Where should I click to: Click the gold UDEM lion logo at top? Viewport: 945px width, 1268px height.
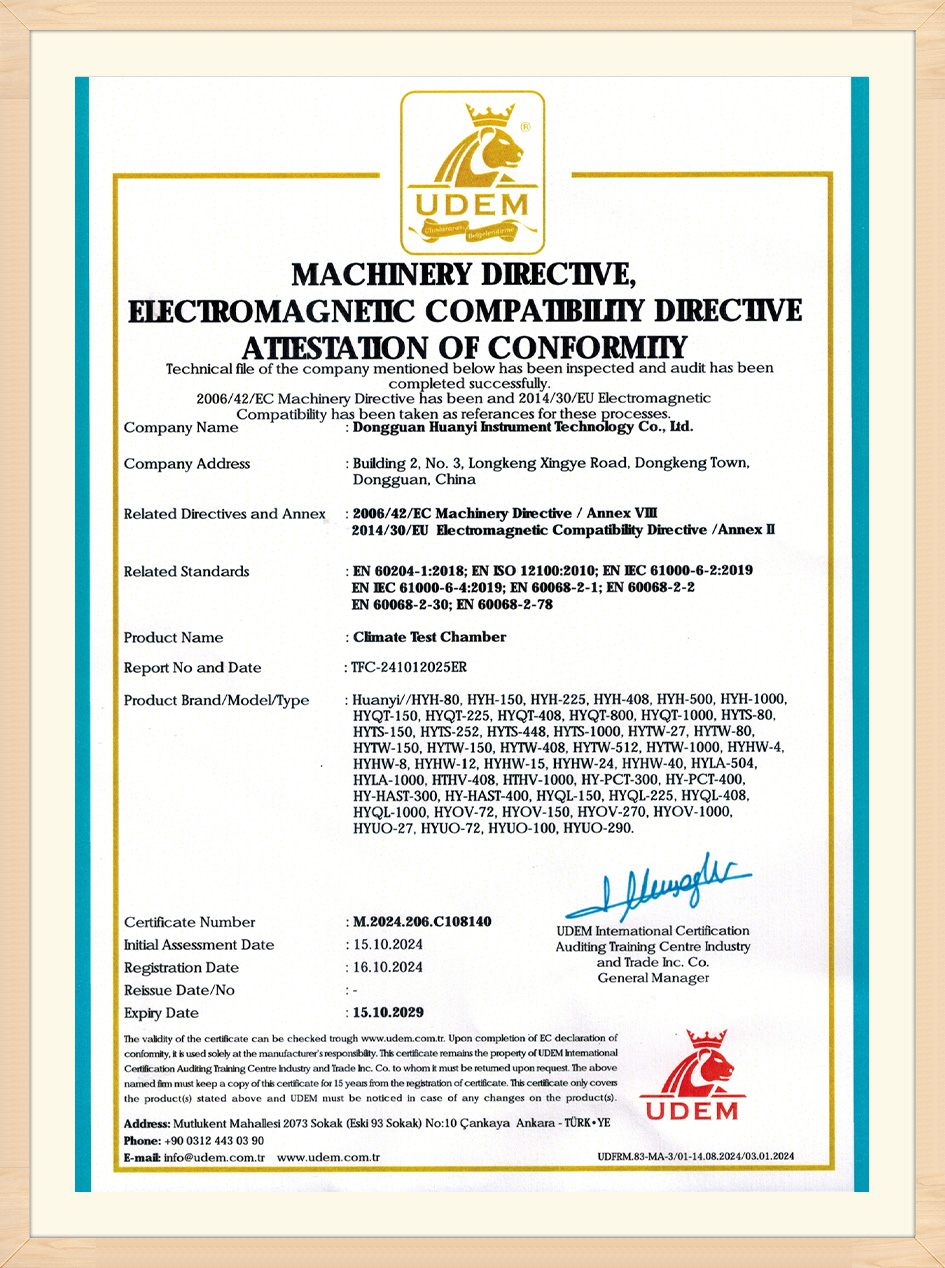[x=472, y=172]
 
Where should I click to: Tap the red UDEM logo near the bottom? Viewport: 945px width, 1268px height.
[x=690, y=1075]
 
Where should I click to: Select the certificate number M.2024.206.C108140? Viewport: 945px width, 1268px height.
[x=423, y=921]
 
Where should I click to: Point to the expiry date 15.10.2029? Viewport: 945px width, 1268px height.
[x=389, y=1013]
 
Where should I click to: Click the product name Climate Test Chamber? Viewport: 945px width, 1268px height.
[x=430, y=637]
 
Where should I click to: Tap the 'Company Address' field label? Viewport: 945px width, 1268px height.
[x=187, y=464]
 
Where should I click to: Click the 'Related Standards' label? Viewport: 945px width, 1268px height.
[x=186, y=572]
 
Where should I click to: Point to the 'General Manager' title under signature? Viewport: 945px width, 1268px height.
[x=653, y=978]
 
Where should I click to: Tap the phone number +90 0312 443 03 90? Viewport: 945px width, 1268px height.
[x=214, y=1141]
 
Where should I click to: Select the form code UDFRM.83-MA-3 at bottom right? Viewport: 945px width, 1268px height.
[x=696, y=1157]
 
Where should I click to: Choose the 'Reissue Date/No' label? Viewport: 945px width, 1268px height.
[x=179, y=990]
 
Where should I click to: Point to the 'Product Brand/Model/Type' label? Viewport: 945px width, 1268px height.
[x=216, y=700]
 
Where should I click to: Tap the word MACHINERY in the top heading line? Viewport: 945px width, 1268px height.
[x=381, y=273]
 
